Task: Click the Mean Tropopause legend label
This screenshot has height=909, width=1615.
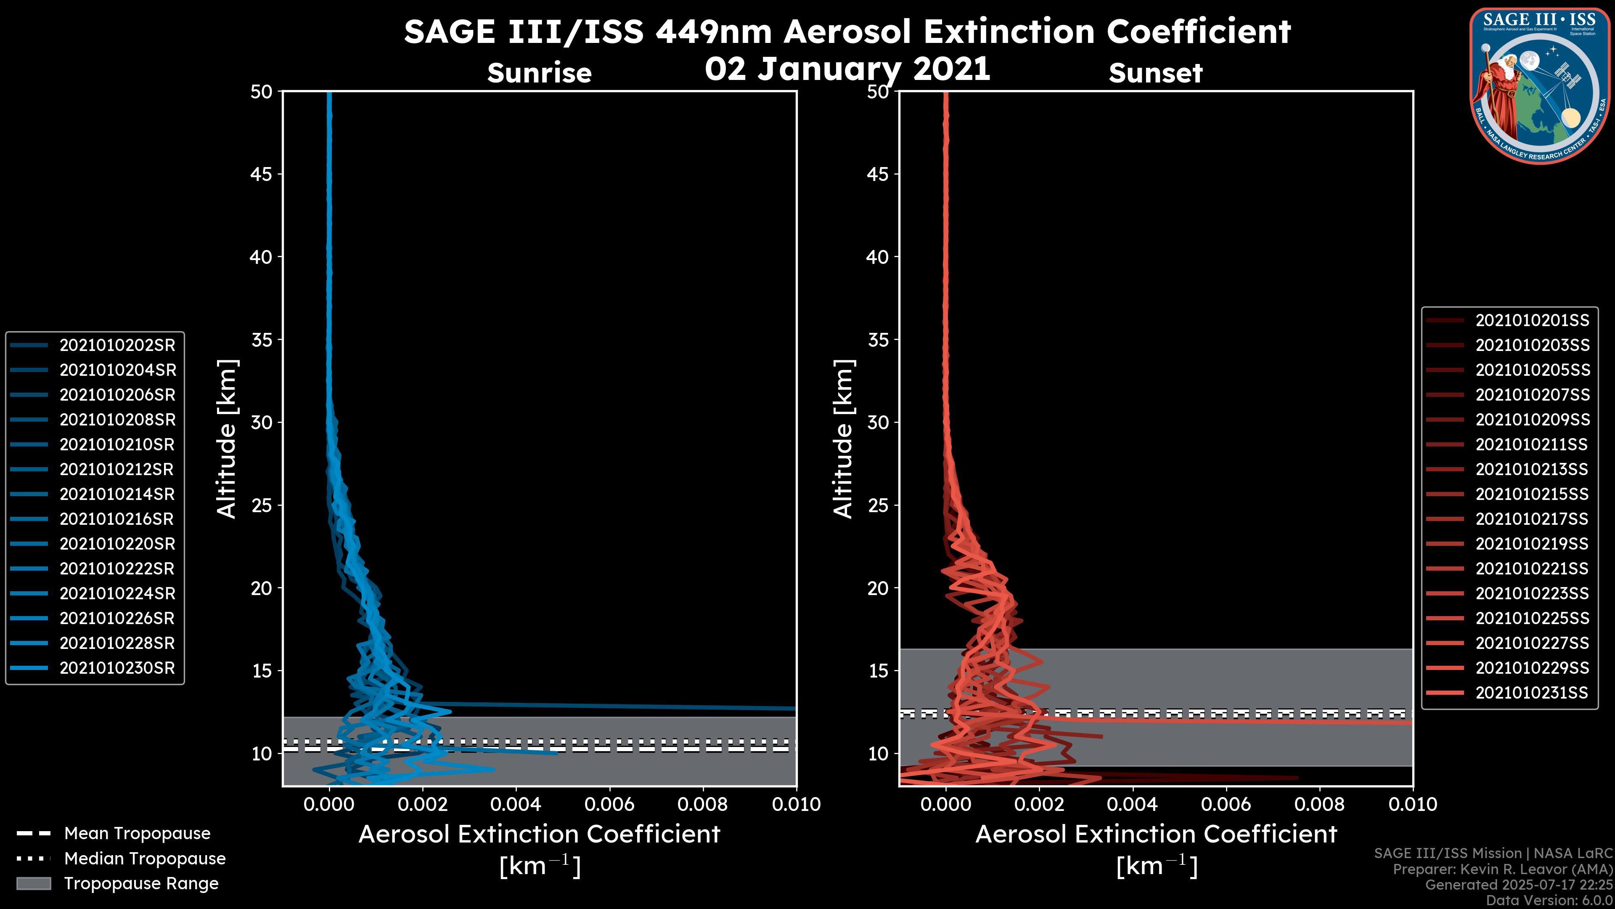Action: click(137, 833)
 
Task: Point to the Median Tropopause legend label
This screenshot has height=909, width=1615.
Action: click(145, 858)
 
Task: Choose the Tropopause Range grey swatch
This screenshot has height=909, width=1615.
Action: click(34, 883)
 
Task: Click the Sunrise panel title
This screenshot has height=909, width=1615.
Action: click(539, 73)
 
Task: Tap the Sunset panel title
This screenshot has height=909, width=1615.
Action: click(1155, 73)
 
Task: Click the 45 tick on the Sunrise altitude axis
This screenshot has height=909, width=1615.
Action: click(261, 174)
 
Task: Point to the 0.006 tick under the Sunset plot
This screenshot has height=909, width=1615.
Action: click(1226, 804)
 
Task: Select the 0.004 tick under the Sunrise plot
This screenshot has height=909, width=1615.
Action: click(515, 804)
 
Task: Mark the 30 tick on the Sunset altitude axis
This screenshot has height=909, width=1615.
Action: click(878, 422)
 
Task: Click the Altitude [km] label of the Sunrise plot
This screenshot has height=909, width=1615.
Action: click(227, 439)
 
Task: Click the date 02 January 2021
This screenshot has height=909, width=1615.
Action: click(847, 69)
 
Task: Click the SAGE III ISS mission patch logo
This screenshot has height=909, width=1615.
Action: click(1538, 85)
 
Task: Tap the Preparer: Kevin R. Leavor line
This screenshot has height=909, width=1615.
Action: click(1502, 869)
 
